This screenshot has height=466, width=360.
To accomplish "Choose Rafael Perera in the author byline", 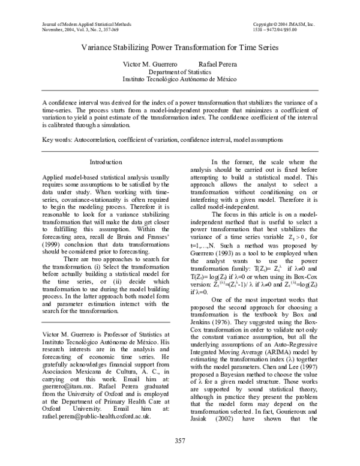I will point(218,63).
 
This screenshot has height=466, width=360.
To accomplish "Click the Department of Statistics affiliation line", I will point(180,71).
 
